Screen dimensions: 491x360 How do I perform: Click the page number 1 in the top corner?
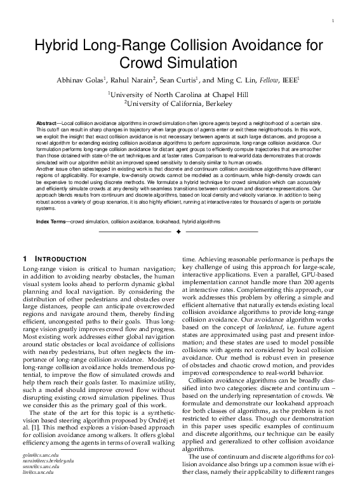333,22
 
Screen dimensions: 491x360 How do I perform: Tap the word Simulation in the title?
197,62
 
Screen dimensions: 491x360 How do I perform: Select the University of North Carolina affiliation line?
179,93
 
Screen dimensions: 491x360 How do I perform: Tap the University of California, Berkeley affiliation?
179,103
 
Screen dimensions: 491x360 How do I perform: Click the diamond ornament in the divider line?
179,232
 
